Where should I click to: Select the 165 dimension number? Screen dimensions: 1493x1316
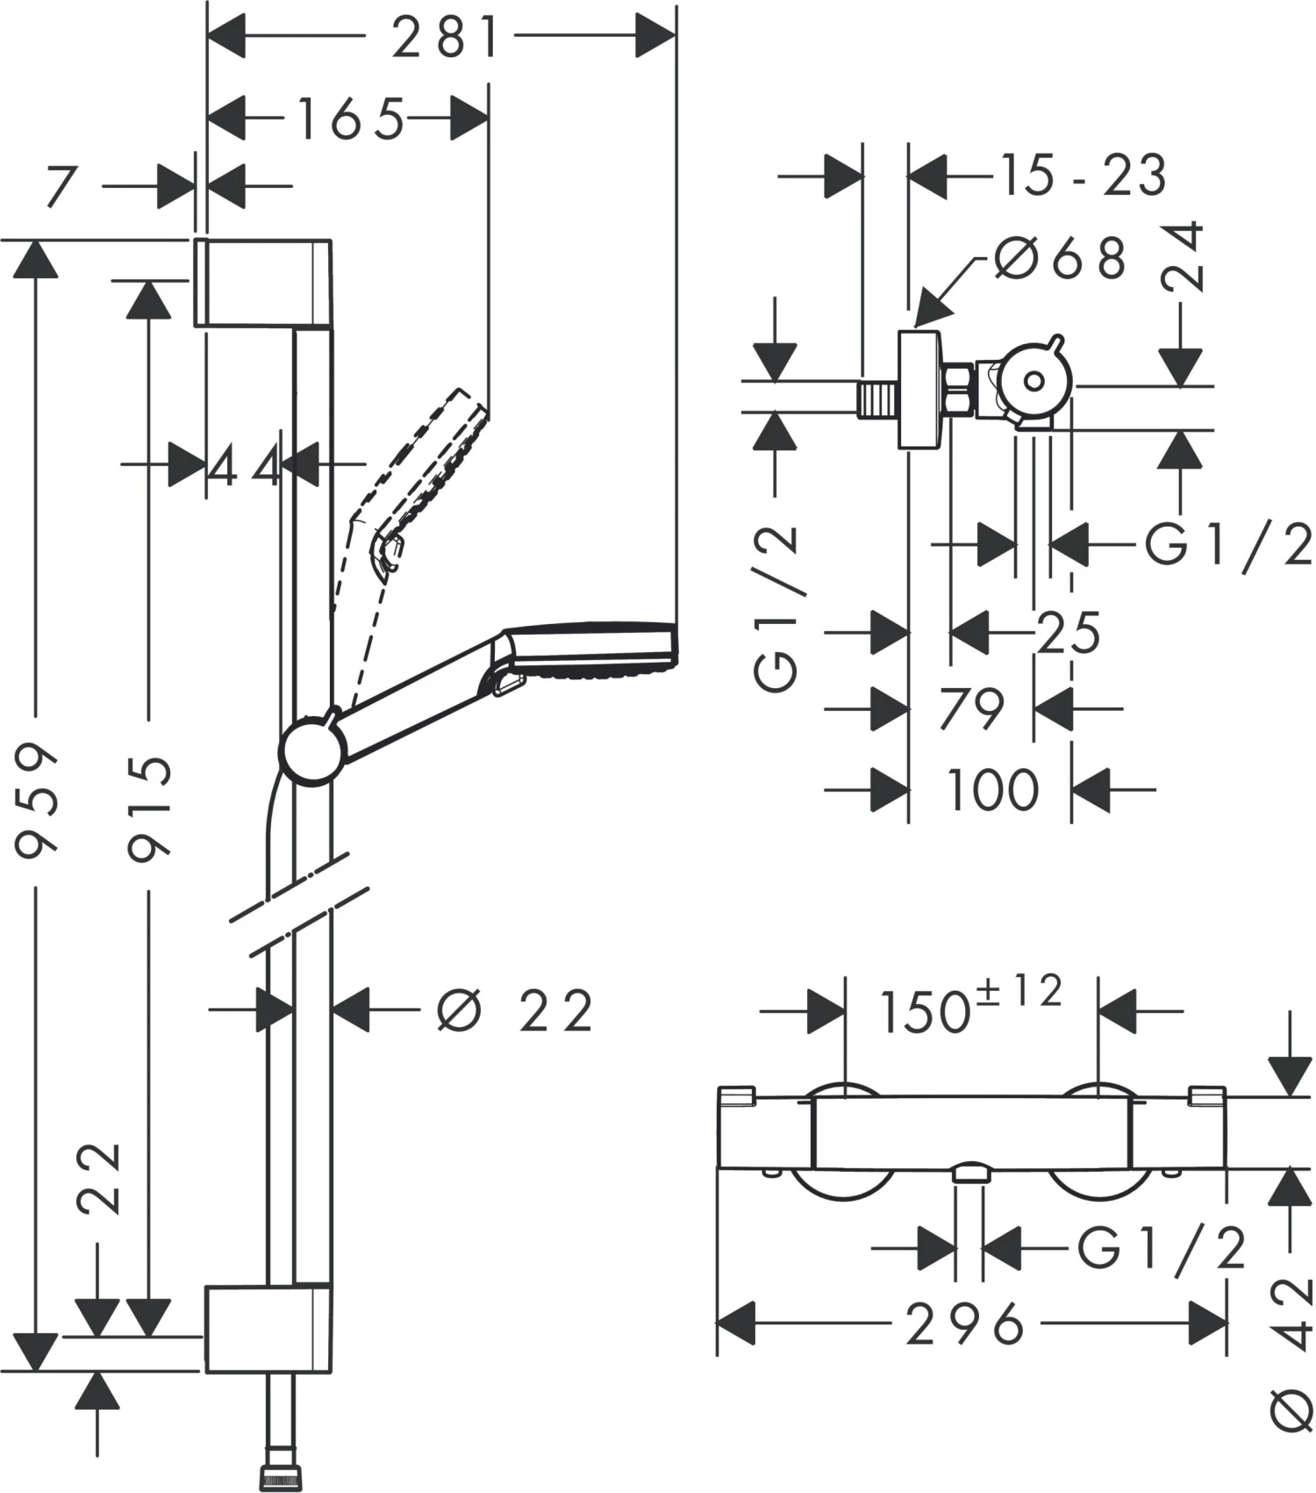click(x=351, y=119)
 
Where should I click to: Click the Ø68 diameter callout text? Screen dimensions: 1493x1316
click(x=1061, y=258)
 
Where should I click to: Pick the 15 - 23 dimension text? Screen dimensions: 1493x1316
click(x=1083, y=175)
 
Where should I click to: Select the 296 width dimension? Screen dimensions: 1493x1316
click(x=965, y=1324)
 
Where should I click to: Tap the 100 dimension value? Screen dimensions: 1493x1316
click(x=992, y=790)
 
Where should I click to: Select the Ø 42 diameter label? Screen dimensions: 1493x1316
click(x=1290, y=1352)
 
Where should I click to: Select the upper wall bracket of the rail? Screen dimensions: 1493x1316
click(x=261, y=282)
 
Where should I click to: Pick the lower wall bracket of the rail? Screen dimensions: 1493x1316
click(x=268, y=1328)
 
